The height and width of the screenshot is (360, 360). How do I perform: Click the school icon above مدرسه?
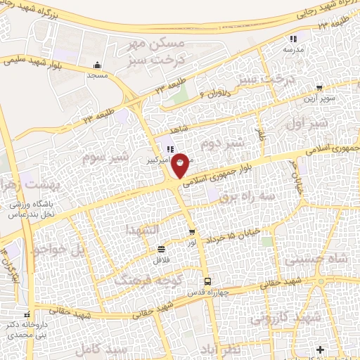(293, 39)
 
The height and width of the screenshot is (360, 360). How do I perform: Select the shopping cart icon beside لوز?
(192, 232)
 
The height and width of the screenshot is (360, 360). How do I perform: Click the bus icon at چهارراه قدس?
(205, 283)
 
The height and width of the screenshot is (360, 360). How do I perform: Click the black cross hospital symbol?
(321, 349)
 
